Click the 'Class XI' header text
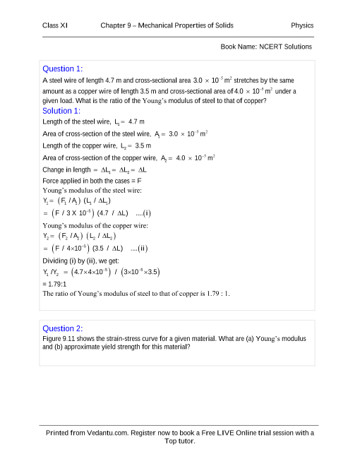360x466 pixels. click(x=55, y=26)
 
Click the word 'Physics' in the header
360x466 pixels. click(x=302, y=26)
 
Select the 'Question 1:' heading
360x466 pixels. click(x=63, y=68)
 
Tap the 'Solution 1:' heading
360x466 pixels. click(x=62, y=111)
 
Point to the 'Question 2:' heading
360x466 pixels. click(x=63, y=328)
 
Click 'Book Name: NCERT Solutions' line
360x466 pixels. click(x=266, y=47)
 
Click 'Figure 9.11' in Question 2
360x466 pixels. click(x=60, y=339)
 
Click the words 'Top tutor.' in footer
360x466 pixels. click(x=179, y=441)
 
